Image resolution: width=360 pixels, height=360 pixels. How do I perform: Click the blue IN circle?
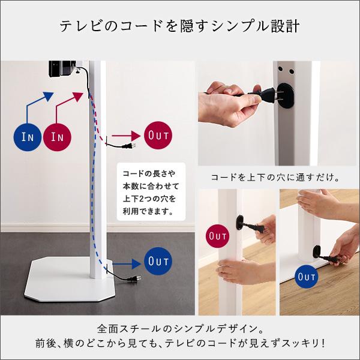point(28,137)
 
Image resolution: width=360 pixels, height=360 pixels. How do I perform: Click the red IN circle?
point(57,137)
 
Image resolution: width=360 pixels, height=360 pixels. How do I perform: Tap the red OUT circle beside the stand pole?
point(158,135)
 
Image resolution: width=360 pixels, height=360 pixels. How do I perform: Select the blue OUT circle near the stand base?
point(158,261)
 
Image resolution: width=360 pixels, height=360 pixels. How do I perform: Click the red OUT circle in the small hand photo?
point(217,236)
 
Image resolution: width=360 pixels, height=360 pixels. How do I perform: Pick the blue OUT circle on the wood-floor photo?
point(306,277)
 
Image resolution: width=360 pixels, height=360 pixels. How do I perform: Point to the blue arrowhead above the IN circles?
point(48,97)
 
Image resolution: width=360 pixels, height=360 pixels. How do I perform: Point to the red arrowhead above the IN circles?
point(77,97)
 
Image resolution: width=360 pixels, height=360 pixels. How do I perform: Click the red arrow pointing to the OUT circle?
point(126,136)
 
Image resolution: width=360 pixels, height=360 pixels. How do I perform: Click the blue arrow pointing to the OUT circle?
point(126,264)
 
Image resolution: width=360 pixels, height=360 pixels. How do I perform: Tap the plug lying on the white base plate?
point(134,279)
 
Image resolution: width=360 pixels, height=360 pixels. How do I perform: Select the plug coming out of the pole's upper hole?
point(130,146)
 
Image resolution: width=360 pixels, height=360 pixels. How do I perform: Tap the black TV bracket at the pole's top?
point(62,69)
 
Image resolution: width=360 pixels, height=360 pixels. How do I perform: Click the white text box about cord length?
point(151,192)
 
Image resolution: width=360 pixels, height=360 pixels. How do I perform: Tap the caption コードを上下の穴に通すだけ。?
point(275,178)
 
